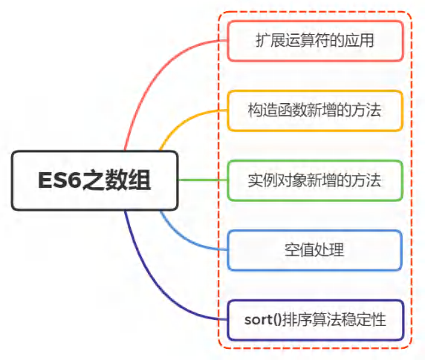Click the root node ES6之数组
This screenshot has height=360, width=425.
pyautogui.click(x=94, y=180)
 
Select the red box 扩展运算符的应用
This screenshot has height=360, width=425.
pyautogui.click(x=315, y=41)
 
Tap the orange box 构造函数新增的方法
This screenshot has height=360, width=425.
pyautogui.click(x=315, y=111)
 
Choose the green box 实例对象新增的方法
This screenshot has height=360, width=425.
pyautogui.click(x=315, y=180)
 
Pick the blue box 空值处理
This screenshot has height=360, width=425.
pyautogui.click(x=314, y=250)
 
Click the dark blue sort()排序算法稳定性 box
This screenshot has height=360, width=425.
pyautogui.click(x=315, y=320)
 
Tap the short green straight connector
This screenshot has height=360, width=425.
pyautogui.click(x=203, y=180)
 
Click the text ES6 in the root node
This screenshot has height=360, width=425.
pyautogui.click(x=59, y=180)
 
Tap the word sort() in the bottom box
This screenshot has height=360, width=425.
pyautogui.click(x=263, y=320)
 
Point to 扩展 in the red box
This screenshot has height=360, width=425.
pyautogui.click(x=270, y=41)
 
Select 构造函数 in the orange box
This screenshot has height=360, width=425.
pyautogui.click(x=277, y=111)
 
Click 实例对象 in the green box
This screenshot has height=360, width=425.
pyautogui.click(x=277, y=180)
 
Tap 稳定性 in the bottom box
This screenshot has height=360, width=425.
pyautogui.click(x=364, y=320)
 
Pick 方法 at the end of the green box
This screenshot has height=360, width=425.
pyautogui.click(x=366, y=180)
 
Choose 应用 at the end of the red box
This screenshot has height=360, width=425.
pyautogui.click(x=359, y=41)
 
